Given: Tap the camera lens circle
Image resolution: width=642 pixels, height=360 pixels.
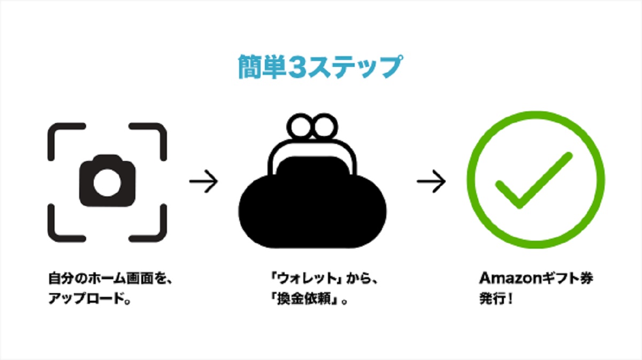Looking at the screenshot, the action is coord(107,182).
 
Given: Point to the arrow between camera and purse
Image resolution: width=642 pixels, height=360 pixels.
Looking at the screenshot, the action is coord(203,181).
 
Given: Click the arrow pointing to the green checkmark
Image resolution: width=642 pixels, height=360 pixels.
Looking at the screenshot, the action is coord(431,181).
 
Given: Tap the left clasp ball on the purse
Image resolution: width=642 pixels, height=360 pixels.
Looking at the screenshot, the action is coord(300,126).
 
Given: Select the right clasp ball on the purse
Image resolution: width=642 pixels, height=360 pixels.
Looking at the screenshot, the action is coord(325,126).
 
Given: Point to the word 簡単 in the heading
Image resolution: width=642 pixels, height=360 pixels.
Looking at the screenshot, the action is coord(262,67).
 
